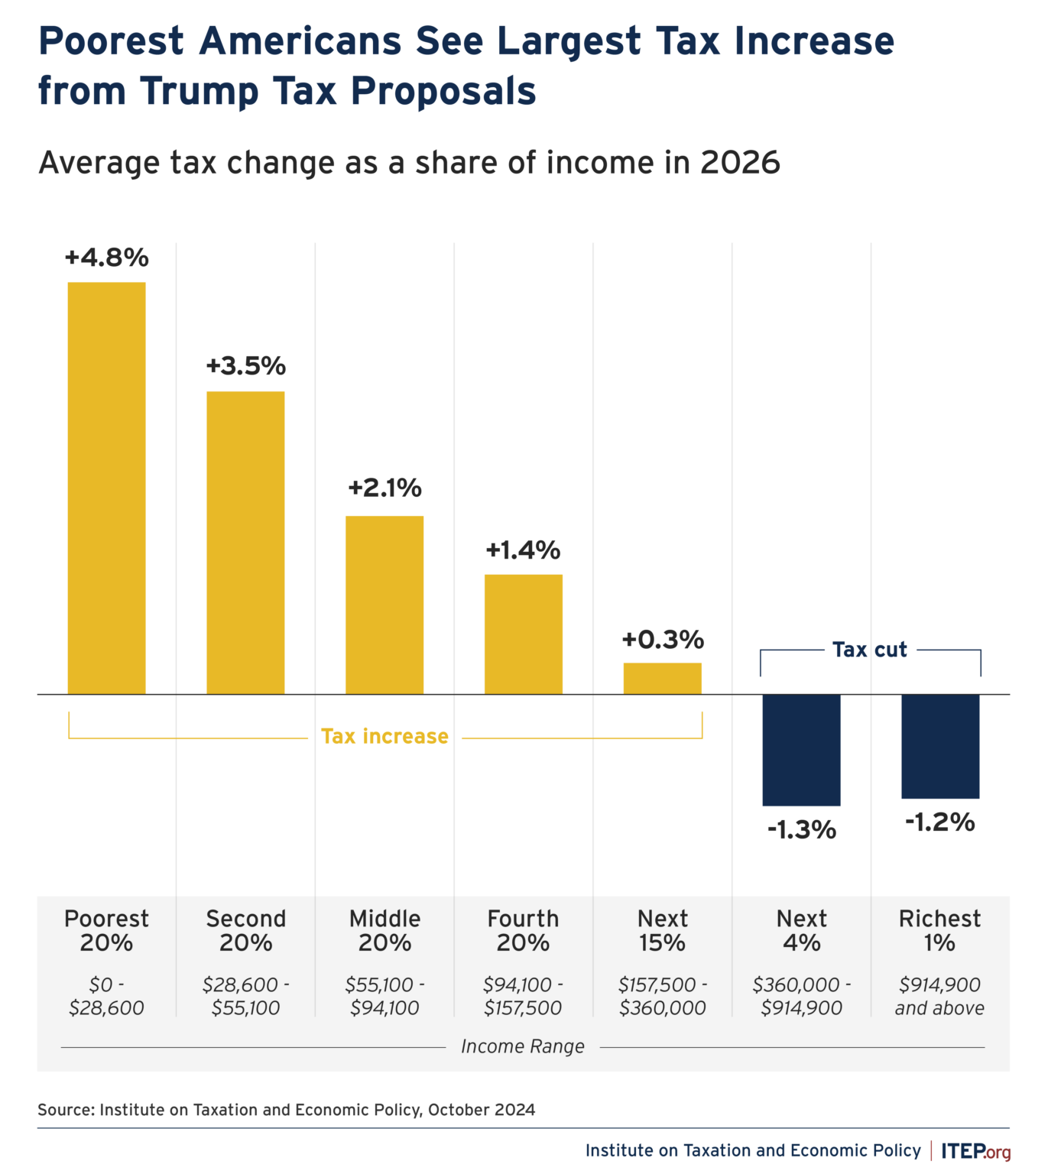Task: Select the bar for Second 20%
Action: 245,543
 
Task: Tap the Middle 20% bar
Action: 384,605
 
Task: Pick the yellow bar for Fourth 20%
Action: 524,634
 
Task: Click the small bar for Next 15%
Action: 662,679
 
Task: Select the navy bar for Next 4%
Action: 801,749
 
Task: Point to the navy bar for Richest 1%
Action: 940,746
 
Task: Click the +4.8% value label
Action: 106,258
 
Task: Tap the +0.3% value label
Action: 662,639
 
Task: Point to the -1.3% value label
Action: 801,829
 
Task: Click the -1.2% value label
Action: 940,822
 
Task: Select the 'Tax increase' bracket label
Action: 384,736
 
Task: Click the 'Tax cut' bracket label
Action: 870,650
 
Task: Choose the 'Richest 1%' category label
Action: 939,930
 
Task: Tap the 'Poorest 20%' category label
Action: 106,930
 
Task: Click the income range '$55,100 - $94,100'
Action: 384,996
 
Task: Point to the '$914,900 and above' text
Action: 939,996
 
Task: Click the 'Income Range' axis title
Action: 523,1046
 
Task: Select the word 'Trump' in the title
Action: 200,91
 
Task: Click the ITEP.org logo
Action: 975,1151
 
